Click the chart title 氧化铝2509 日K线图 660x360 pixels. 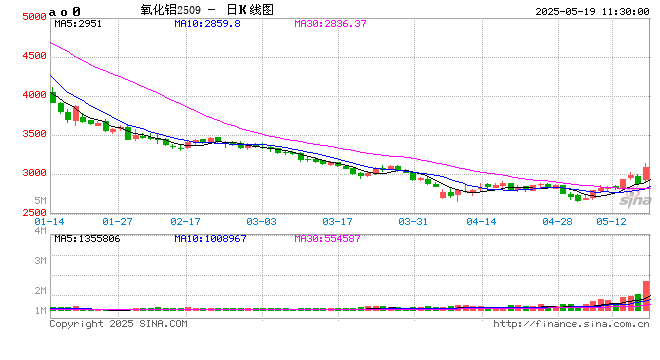click(193, 9)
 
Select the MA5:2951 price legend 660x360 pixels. click(78, 24)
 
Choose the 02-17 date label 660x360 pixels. click(186, 220)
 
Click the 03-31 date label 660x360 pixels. click(413, 220)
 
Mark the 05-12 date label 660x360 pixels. click(611, 220)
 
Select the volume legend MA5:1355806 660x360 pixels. click(88, 239)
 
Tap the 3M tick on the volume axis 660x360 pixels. click(40, 260)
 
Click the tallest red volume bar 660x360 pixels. click(646, 297)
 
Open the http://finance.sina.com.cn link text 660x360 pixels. click(570, 324)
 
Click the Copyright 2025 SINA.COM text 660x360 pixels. click(118, 324)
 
